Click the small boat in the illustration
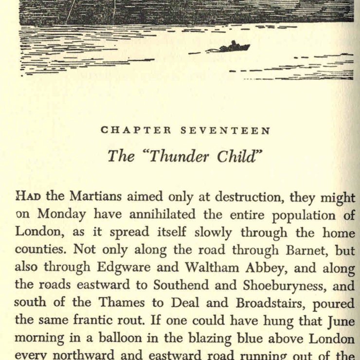[234, 47]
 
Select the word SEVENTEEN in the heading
[225, 130]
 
